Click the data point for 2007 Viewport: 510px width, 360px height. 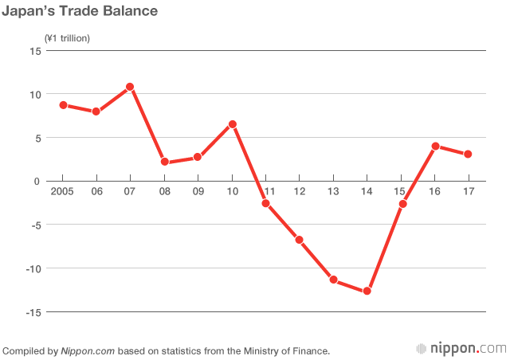tap(130, 87)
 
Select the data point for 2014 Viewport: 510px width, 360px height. tap(367, 291)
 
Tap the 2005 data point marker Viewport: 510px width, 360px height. tap(63, 105)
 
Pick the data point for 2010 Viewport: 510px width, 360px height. tap(232, 124)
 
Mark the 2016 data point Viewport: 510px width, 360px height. tap(434, 147)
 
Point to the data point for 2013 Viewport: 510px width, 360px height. tap(333, 280)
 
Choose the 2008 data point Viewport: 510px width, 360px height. tap(164, 162)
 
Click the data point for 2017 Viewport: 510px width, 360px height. tap(468, 154)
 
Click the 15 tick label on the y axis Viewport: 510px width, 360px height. tap(35, 51)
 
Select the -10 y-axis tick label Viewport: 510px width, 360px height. tap(32, 268)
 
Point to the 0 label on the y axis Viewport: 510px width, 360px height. tap(37, 182)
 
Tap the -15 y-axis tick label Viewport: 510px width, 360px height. tap(32, 312)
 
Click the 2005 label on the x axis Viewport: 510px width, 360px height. tap(62, 192)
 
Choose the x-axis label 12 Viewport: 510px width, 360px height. tap(300, 192)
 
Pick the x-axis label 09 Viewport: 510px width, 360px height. tap(198, 192)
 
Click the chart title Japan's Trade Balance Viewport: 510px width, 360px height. tap(80, 12)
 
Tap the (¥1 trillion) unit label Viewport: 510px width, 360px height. tap(68, 37)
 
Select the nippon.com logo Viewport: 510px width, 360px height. tap(461, 349)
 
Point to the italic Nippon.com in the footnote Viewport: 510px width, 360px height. tap(84, 350)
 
